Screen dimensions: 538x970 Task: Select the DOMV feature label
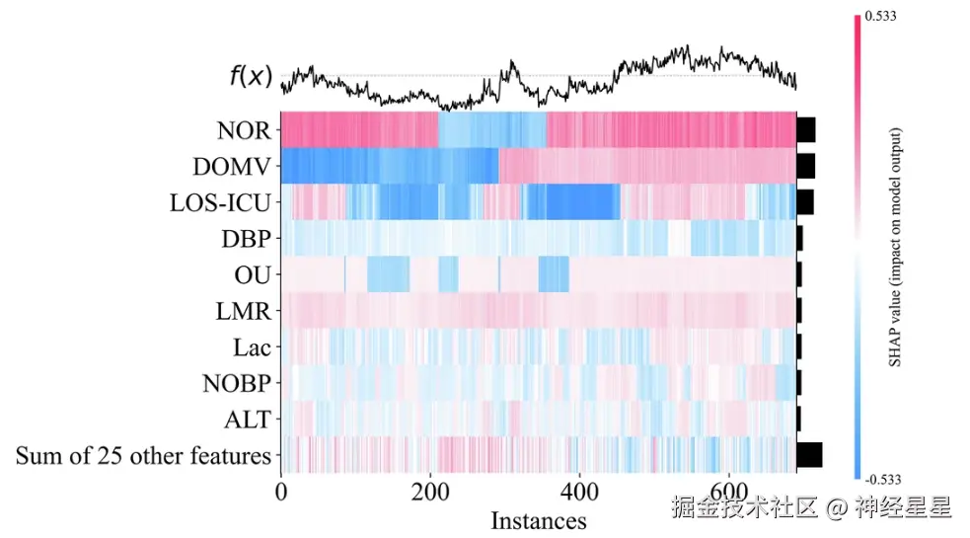pyautogui.click(x=238, y=166)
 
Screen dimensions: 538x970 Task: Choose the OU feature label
pyautogui.click(x=255, y=274)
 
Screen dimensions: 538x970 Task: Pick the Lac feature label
pyautogui.click(x=253, y=347)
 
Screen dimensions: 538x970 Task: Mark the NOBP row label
pyautogui.click(x=240, y=383)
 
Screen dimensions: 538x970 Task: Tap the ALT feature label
pyautogui.click(x=250, y=420)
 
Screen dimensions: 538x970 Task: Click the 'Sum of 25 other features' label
pyautogui.click(x=143, y=456)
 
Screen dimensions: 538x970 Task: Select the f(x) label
pyautogui.click(x=251, y=76)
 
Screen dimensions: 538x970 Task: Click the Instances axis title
pyautogui.click(x=538, y=520)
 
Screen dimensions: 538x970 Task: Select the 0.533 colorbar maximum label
pyautogui.click(x=880, y=16)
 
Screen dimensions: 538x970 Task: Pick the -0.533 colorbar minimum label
pyautogui.click(x=882, y=482)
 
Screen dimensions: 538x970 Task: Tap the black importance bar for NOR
pyautogui.click(x=806, y=129)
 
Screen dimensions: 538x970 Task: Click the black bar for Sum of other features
pyautogui.click(x=809, y=455)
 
